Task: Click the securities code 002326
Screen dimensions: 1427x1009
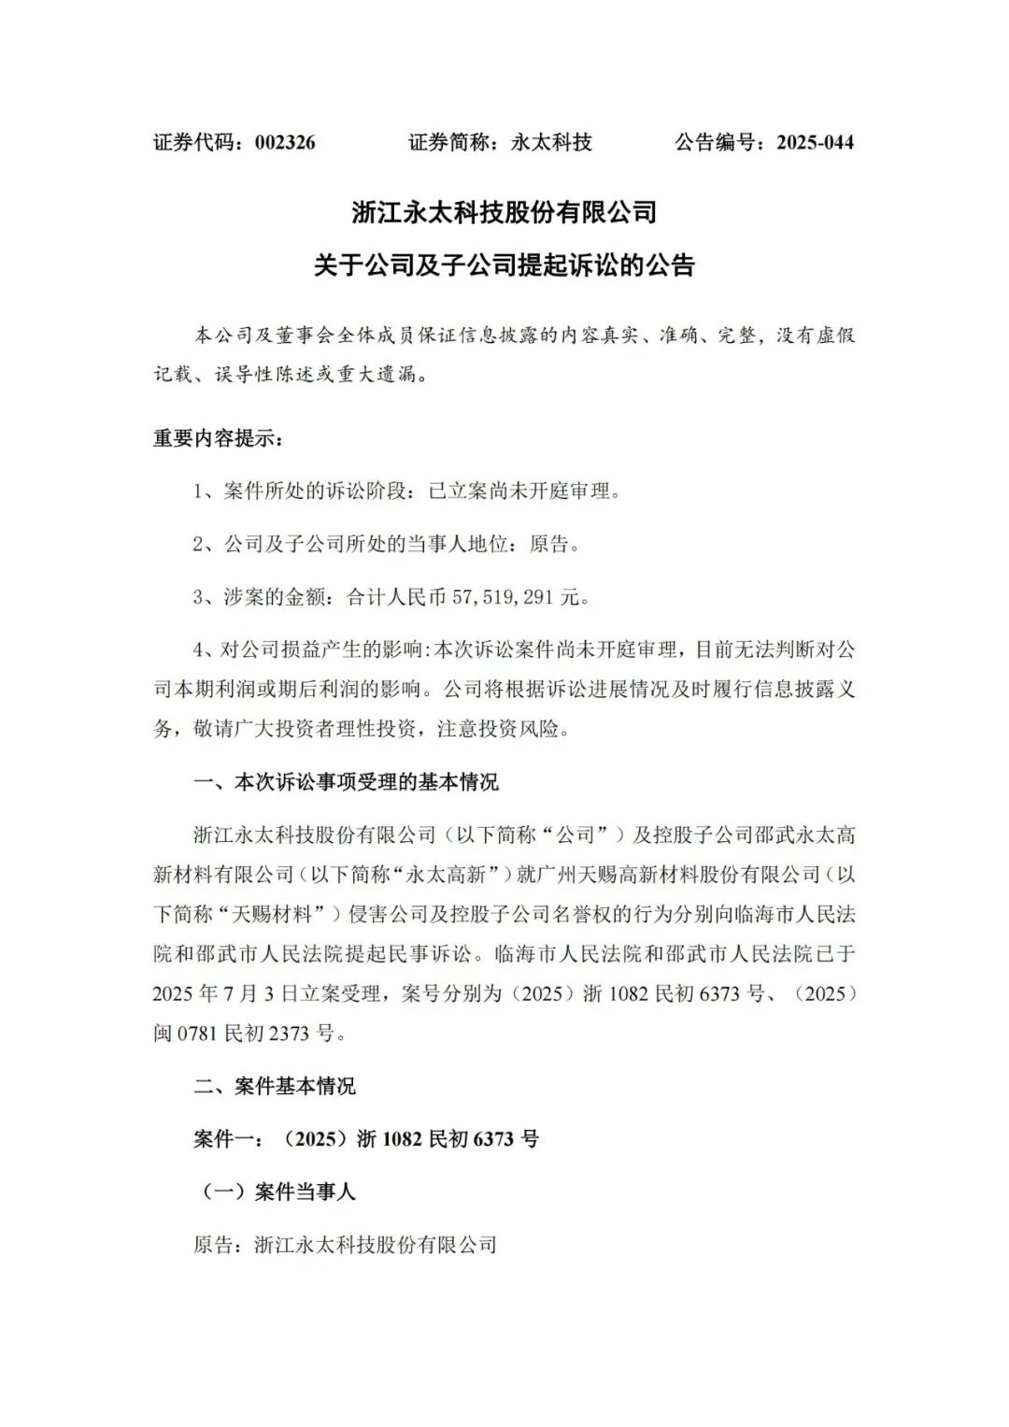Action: (x=285, y=143)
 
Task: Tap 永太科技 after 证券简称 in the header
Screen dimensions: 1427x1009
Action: (x=551, y=143)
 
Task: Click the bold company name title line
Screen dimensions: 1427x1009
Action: (x=504, y=212)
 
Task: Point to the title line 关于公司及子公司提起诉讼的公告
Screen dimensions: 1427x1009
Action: (x=504, y=265)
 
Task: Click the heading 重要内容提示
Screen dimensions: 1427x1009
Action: (x=216, y=437)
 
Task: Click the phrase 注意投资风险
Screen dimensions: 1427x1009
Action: (x=505, y=729)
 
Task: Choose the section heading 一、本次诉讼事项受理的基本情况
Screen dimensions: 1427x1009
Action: (x=346, y=782)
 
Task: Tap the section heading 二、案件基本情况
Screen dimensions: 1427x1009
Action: (x=274, y=1087)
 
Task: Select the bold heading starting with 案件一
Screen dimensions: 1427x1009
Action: (x=365, y=1139)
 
